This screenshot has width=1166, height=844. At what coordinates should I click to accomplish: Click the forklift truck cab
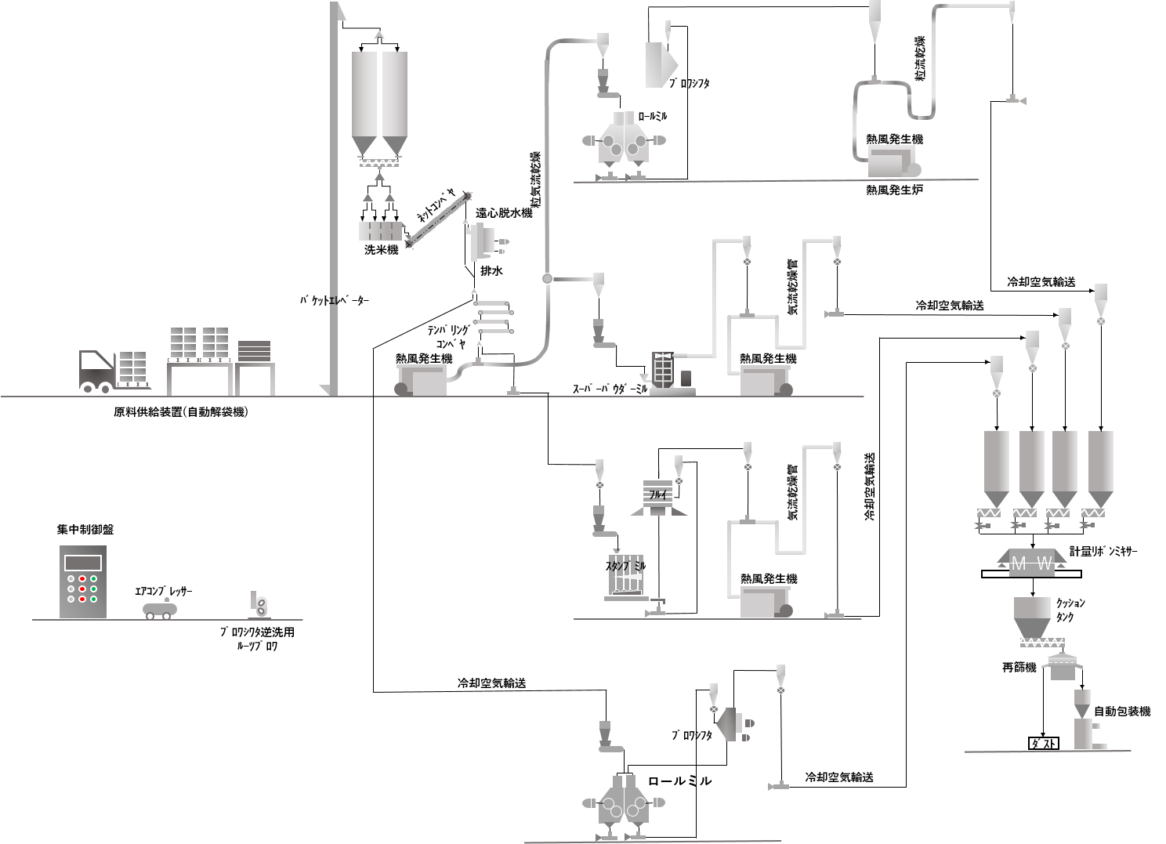click(x=96, y=364)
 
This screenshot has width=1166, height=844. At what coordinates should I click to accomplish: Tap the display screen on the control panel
click(x=83, y=562)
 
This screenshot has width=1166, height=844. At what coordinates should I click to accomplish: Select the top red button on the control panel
click(x=82, y=578)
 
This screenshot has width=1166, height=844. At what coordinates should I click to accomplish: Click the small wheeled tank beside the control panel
click(x=160, y=609)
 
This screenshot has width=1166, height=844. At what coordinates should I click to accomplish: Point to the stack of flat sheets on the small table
click(x=255, y=351)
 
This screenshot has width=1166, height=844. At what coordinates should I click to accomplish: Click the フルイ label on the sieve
click(x=657, y=495)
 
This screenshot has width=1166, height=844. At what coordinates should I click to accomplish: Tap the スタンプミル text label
click(x=626, y=566)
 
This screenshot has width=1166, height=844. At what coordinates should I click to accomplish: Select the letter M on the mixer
click(x=1019, y=563)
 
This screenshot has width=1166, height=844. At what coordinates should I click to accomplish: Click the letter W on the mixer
click(x=1045, y=563)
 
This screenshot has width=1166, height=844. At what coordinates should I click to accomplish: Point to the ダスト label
click(x=1043, y=744)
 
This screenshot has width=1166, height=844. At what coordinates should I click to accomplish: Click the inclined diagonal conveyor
click(x=438, y=220)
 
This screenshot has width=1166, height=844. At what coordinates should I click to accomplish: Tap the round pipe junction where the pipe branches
click(x=547, y=278)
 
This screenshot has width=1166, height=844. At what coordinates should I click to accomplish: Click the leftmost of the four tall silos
click(x=996, y=462)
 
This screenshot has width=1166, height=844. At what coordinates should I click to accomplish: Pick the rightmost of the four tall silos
click(x=1100, y=462)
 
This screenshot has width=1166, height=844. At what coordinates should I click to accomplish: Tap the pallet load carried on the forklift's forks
click(x=132, y=368)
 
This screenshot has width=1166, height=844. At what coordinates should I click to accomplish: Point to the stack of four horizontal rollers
click(x=493, y=317)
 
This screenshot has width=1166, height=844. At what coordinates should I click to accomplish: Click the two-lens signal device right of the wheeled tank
click(x=260, y=604)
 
